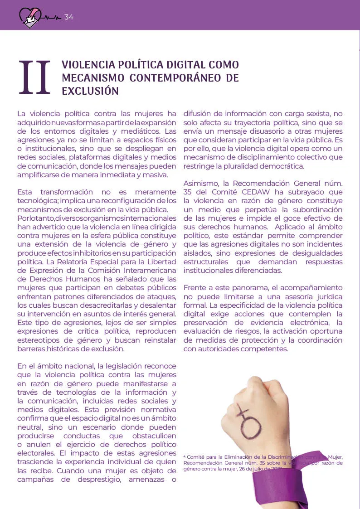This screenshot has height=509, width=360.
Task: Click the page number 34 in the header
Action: click(x=68, y=17)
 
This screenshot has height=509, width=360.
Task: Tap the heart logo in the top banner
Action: click(x=30, y=17)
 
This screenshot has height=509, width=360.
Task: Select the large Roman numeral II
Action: click(x=34, y=78)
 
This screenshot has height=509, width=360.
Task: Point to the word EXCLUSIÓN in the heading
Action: click(x=90, y=91)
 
